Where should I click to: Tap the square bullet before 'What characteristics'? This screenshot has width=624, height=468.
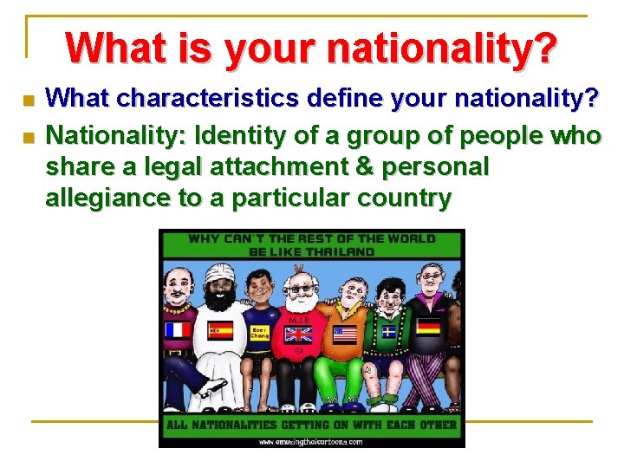coord(27,101)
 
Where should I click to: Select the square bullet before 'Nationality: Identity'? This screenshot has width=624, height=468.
coord(27,137)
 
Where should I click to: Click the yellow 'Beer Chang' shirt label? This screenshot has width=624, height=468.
coord(260,334)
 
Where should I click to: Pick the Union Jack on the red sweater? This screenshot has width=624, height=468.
coord(299,335)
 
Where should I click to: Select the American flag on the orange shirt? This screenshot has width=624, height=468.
coord(344,334)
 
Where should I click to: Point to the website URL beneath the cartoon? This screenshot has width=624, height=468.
coord(311,440)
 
